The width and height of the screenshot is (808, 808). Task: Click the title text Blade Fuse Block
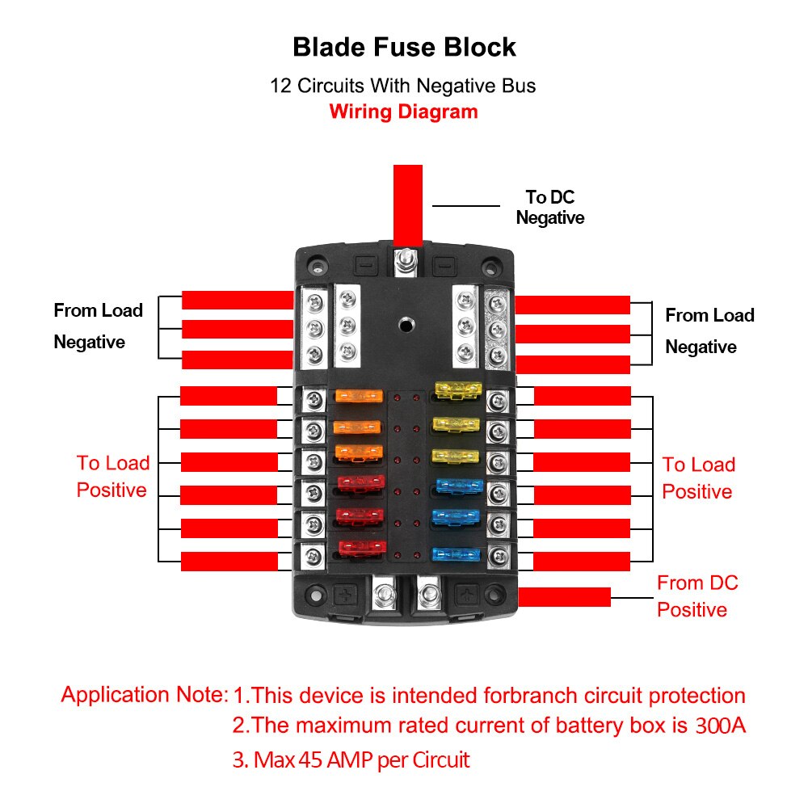tap(404, 47)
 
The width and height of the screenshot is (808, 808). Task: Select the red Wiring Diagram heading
tap(403, 112)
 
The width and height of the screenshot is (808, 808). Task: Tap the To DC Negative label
tap(549, 207)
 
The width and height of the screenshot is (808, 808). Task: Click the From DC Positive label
tap(696, 595)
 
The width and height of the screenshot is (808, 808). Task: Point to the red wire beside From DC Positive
tap(563, 597)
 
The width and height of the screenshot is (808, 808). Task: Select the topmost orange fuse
tap(358, 397)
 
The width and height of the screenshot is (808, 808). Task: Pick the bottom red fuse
tap(360, 549)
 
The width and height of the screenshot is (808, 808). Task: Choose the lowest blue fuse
tap(457, 554)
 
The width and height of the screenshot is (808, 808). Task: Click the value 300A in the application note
tap(720, 726)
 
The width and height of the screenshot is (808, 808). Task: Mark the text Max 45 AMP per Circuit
tap(351, 760)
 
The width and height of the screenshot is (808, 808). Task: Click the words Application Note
tap(144, 694)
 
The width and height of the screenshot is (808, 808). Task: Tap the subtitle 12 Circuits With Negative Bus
tap(403, 85)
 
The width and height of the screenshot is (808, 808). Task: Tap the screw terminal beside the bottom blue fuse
tap(499, 555)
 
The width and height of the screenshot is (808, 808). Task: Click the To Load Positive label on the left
tap(113, 476)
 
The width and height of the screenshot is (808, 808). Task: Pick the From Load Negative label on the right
tap(709, 330)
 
